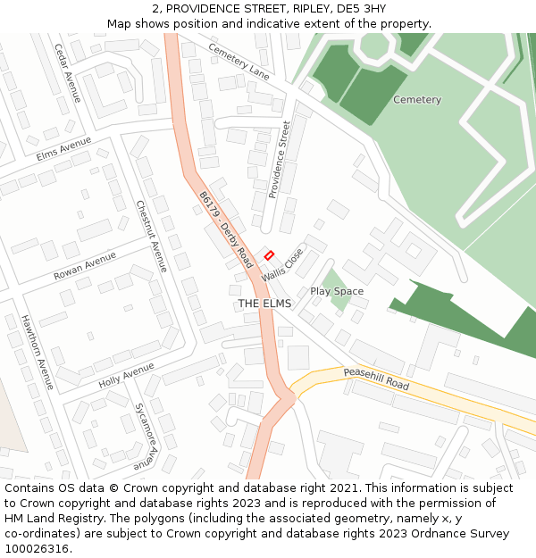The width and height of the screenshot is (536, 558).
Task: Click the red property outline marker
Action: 269,255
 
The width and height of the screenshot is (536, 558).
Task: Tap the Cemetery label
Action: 417,100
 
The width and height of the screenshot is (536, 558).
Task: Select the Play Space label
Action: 337,292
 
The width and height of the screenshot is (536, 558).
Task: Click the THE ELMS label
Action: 264,304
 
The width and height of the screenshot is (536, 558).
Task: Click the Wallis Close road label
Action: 282,265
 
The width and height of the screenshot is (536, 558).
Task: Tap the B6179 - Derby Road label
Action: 226,230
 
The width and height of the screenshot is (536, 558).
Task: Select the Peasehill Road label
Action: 375,379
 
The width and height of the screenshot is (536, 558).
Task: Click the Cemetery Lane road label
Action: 239,60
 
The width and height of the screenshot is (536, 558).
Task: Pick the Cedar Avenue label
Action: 67,72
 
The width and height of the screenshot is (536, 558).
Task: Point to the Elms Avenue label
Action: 64,148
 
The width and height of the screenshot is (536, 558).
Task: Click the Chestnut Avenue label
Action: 151,236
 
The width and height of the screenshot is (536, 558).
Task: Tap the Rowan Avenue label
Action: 85,266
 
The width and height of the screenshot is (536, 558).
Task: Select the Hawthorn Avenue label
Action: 37,352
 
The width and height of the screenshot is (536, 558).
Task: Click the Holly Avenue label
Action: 127,375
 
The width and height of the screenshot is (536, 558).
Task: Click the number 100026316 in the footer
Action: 36,549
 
